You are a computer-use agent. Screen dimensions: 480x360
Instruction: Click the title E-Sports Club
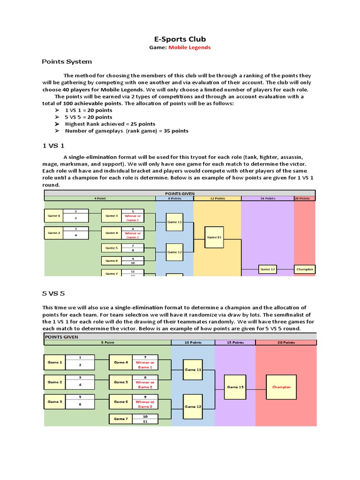pos(180,39)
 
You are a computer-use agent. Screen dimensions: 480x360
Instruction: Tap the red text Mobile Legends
pos(189,47)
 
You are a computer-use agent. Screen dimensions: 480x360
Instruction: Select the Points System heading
pos(67,61)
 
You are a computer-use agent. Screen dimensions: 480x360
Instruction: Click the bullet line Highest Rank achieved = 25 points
pos(110,124)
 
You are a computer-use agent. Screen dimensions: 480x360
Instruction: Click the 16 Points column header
pos(267,198)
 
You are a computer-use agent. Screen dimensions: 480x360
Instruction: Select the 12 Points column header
pos(217,198)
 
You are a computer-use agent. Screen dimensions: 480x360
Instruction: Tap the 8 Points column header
pos(174,198)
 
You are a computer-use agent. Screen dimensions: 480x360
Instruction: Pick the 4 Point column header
pos(99,198)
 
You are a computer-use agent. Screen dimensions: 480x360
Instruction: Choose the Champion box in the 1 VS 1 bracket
pos(304,270)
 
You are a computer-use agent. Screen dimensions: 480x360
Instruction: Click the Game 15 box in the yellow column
pos(214,237)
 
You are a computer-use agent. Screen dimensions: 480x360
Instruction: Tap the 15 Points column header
pos(235,343)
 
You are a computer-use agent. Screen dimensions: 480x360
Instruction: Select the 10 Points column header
pos(193,343)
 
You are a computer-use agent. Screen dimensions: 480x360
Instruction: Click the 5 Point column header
pos(108,343)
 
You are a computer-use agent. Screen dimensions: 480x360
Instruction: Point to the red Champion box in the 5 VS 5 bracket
pos(281,387)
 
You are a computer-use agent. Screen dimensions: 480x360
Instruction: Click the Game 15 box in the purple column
pos(235,387)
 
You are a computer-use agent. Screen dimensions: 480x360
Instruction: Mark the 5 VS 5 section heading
pos(53,293)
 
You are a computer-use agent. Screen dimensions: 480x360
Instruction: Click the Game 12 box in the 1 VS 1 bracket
pos(174,252)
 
